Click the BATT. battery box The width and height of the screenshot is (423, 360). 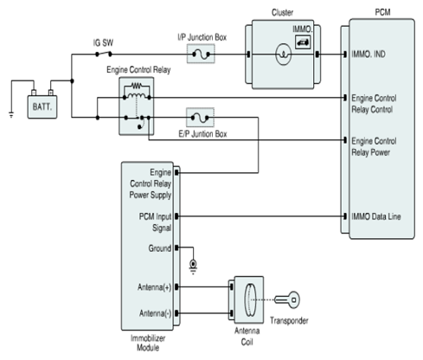pyautogui.click(x=42, y=106)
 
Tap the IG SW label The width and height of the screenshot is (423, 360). pyautogui.click(x=103, y=43)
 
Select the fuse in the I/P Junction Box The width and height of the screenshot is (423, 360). pyautogui.click(x=201, y=54)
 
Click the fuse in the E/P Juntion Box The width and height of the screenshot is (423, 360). pyautogui.click(x=200, y=118)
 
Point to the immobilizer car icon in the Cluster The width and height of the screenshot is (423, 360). pyautogui.click(x=303, y=42)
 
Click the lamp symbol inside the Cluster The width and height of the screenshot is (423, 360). pyautogui.click(x=284, y=55)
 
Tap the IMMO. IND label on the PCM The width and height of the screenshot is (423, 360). pyautogui.click(x=369, y=54)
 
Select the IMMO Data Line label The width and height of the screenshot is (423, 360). pyautogui.click(x=376, y=216)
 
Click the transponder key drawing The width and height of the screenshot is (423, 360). pyautogui.click(x=287, y=299)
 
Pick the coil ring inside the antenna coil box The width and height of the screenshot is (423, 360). pyautogui.click(x=250, y=300)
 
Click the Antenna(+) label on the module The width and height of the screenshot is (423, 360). pyautogui.click(x=154, y=287)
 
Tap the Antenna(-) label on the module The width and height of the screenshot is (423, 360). pyautogui.click(x=155, y=313)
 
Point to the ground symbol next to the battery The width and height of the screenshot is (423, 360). pyautogui.click(x=11, y=114)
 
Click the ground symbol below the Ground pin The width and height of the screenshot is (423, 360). pyautogui.click(x=193, y=267)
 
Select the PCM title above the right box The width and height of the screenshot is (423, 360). pyautogui.click(x=382, y=12)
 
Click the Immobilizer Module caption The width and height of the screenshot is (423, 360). pyautogui.click(x=148, y=343)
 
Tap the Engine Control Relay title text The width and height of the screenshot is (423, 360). pyautogui.click(x=138, y=70)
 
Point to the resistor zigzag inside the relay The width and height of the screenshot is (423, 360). pyautogui.click(x=137, y=86)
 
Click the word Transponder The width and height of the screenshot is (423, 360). pyautogui.click(x=289, y=320)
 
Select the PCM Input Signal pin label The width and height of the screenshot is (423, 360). pyautogui.click(x=155, y=222)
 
